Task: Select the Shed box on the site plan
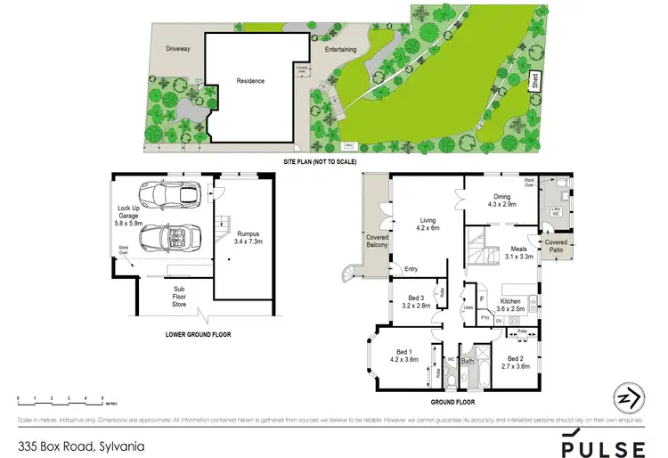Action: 536,80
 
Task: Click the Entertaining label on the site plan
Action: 340,50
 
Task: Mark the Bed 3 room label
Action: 414,301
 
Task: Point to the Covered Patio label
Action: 556,245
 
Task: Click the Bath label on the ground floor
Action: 468,361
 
